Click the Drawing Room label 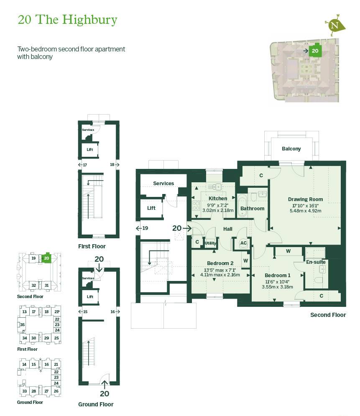pos(305,199)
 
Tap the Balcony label pos(291,149)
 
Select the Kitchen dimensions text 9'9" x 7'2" pos(217,205)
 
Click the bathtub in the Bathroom pos(242,206)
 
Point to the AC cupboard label pos(243,243)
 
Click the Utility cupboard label pos(210,243)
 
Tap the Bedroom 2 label pos(220,263)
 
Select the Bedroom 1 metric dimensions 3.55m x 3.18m pos(277,287)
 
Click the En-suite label pos(316,262)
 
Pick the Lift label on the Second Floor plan pos(151,208)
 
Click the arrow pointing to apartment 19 pos(138,228)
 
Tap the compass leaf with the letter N pos(336,26)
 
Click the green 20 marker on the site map pos(315,51)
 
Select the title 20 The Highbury pos(67,20)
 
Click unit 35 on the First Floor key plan pos(22,325)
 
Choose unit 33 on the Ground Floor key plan pos(24,391)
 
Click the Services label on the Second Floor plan pos(163,183)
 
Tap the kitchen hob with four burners pos(196,206)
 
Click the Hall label pos(227,229)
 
